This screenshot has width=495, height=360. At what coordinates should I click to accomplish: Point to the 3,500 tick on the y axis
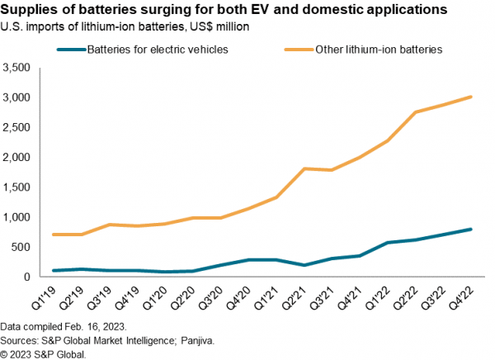coord(17,68)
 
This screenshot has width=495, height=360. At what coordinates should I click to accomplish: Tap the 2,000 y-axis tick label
coord(17,157)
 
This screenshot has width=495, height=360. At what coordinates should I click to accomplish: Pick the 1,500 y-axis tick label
coord(17,187)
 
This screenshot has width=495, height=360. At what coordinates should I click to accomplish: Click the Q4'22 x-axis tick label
coord(471,296)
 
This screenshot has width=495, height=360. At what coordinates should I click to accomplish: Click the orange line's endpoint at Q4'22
coord(471,97)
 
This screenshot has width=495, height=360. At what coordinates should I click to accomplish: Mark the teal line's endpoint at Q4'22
coord(471,229)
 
